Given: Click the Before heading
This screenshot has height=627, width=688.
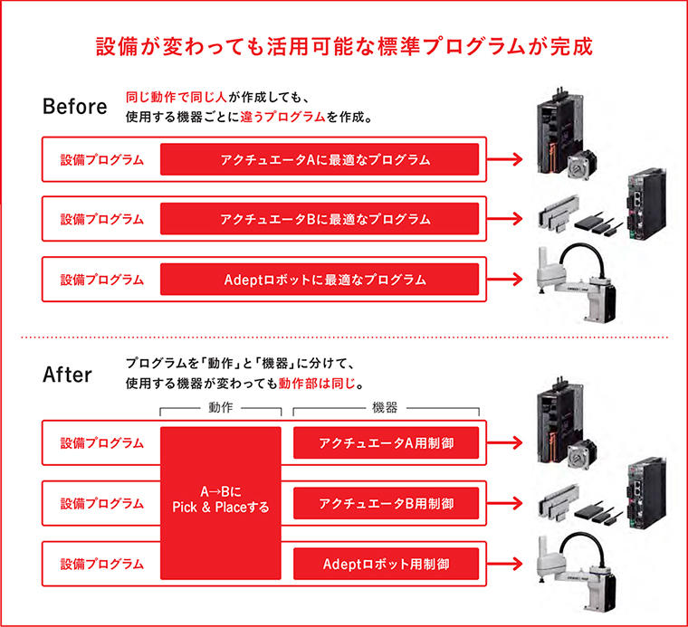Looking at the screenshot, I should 74,106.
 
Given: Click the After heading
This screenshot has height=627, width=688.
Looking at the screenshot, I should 67,374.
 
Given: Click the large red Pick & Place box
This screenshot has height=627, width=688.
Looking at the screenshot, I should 221,502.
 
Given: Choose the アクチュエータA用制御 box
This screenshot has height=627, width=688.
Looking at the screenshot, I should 386,442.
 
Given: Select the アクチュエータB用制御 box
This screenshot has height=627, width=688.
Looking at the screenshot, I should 386,502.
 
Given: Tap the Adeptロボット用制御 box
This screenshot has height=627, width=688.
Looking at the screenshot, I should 386,563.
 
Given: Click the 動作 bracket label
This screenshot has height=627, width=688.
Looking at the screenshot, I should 221,409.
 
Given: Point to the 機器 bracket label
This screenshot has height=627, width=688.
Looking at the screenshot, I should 385,409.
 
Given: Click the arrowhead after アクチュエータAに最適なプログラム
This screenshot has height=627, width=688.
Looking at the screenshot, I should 518,160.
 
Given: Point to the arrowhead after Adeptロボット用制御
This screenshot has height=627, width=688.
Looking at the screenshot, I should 518,563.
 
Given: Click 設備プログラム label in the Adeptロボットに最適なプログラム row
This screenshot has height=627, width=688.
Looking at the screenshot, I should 101,279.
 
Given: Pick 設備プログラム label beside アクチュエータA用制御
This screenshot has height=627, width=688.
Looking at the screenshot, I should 101,442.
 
